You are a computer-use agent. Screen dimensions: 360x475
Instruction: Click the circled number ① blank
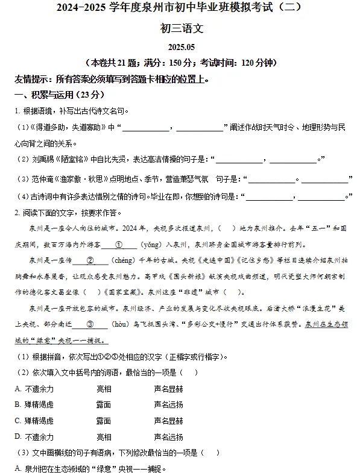(118, 245)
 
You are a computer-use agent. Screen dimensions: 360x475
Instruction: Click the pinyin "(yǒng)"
(151, 245)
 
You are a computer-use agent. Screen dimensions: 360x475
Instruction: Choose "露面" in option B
(104, 404)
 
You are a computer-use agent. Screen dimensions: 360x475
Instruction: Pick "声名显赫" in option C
(169, 420)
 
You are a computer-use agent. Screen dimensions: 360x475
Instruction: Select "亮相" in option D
(104, 436)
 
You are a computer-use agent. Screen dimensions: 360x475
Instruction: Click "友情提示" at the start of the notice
(33, 79)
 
